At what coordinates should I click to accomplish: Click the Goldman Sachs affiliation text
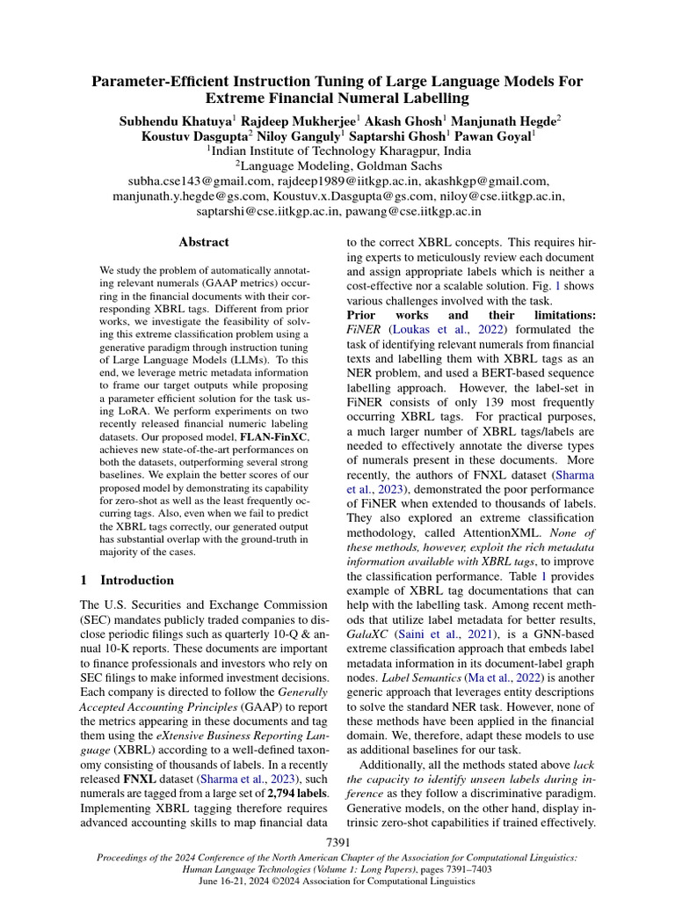point(385,165)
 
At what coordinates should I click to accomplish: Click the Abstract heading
point(204,242)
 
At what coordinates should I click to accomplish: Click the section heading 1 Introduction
point(127,581)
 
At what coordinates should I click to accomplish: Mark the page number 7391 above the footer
point(337,844)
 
